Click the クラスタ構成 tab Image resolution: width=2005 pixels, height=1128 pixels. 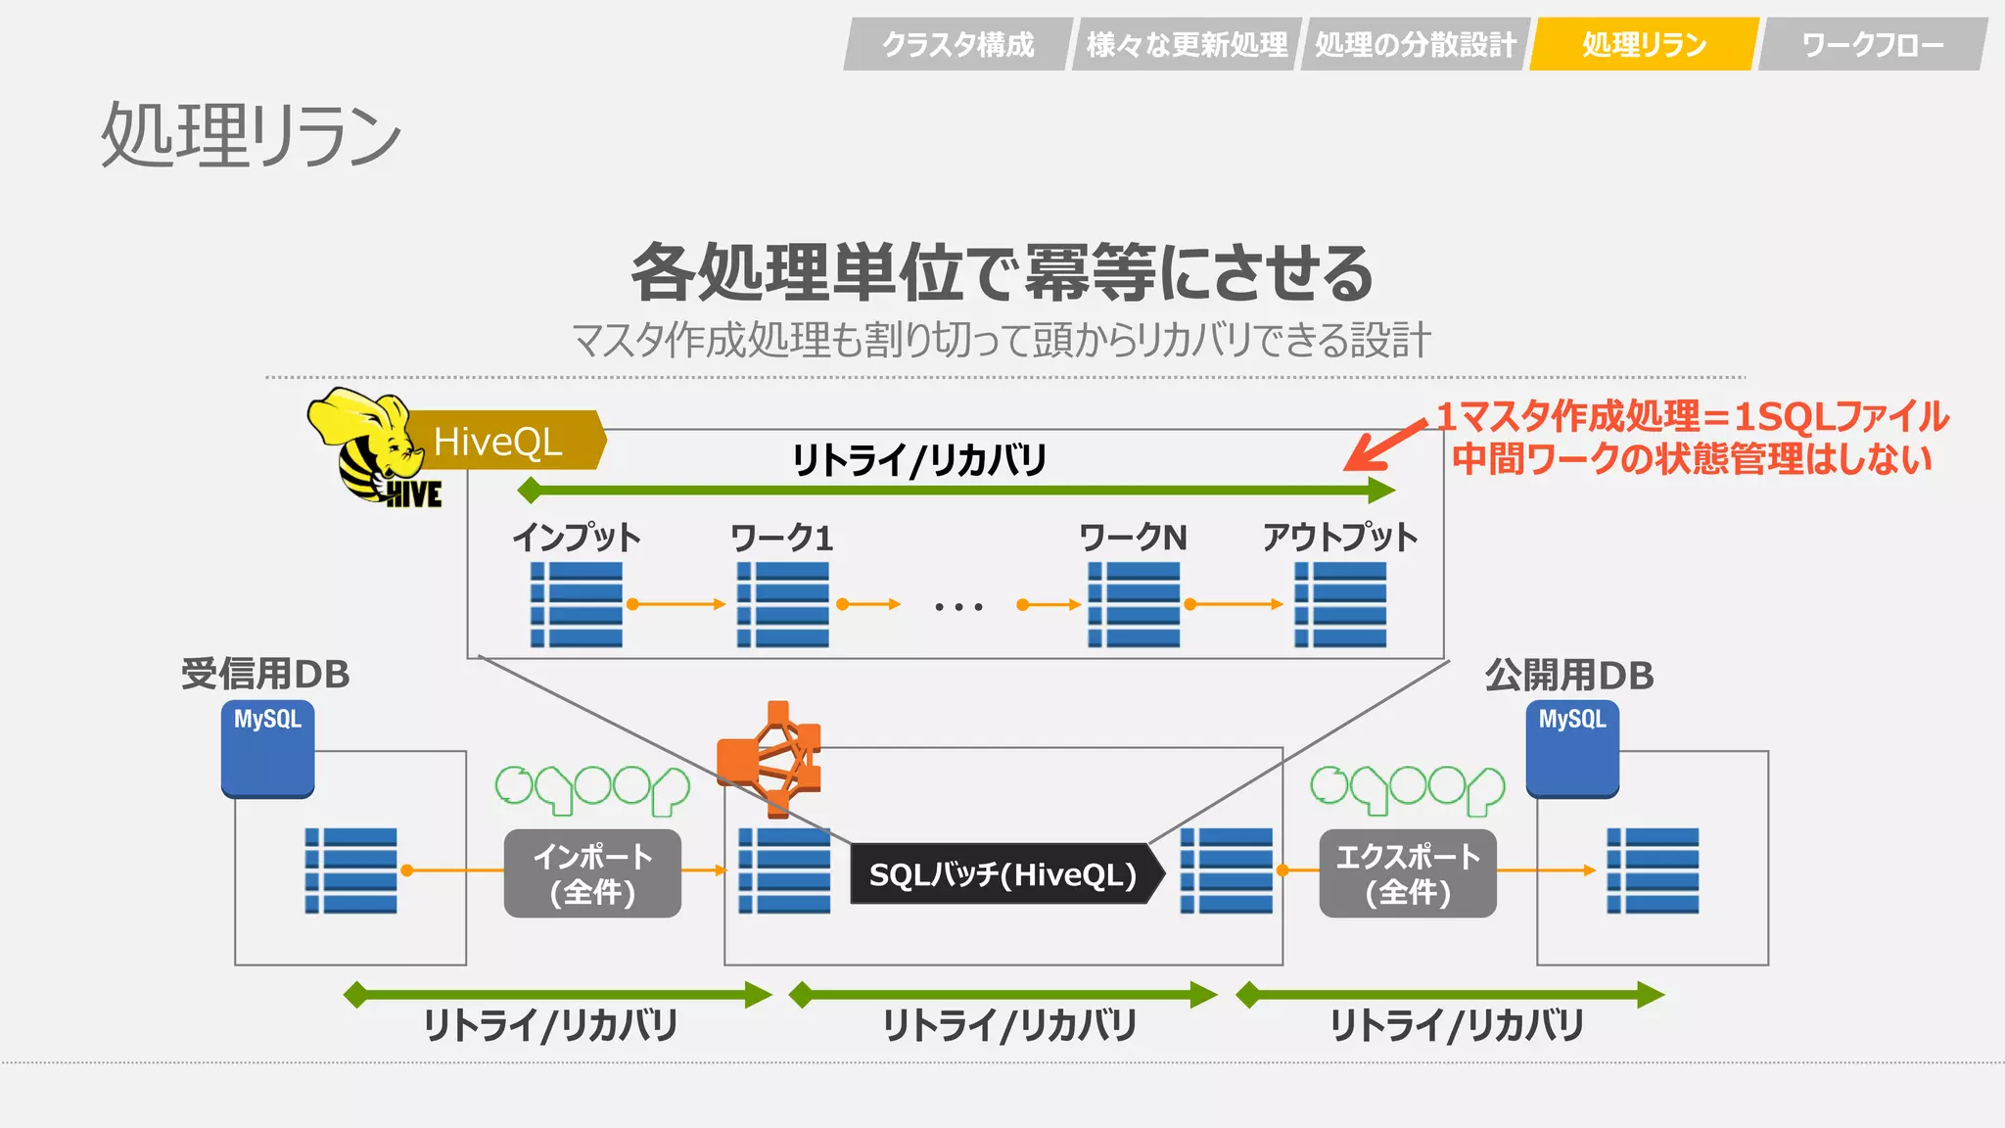click(957, 45)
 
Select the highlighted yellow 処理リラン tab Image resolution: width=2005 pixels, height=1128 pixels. click(1644, 45)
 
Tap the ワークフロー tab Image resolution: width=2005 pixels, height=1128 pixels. click(1872, 45)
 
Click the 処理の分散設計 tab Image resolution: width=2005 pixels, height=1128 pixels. click(1415, 45)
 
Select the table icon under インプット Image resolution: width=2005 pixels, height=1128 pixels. click(577, 604)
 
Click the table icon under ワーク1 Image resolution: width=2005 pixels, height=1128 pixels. click(782, 604)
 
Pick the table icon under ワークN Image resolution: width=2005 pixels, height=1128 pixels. click(1134, 604)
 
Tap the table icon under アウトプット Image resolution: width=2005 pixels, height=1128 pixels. click(1340, 604)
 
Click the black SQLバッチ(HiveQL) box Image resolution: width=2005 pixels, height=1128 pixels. click(1003, 873)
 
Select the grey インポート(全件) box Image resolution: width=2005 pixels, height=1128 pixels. click(592, 873)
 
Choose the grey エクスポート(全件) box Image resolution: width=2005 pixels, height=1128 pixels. click(1408, 873)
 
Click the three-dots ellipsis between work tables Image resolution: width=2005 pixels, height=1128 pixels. click(958, 607)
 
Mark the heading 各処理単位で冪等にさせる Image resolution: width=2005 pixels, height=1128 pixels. click(1002, 272)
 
